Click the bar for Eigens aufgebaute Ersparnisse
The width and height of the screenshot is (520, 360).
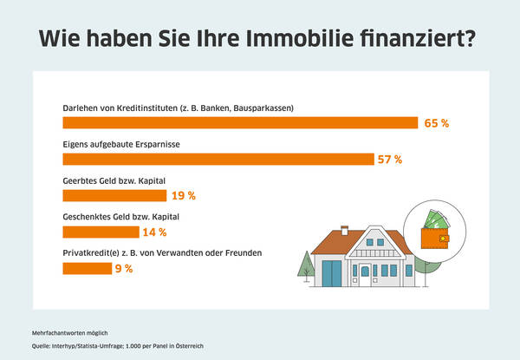coord(217,159)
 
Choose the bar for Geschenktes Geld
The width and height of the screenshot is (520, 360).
coord(101,232)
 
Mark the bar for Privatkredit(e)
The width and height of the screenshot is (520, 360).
coord(86,268)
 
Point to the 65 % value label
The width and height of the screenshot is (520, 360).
coord(437,123)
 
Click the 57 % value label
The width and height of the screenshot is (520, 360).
coord(390,159)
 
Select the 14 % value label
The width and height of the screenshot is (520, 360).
coord(155,232)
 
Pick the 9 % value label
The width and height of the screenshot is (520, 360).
coord(123,268)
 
